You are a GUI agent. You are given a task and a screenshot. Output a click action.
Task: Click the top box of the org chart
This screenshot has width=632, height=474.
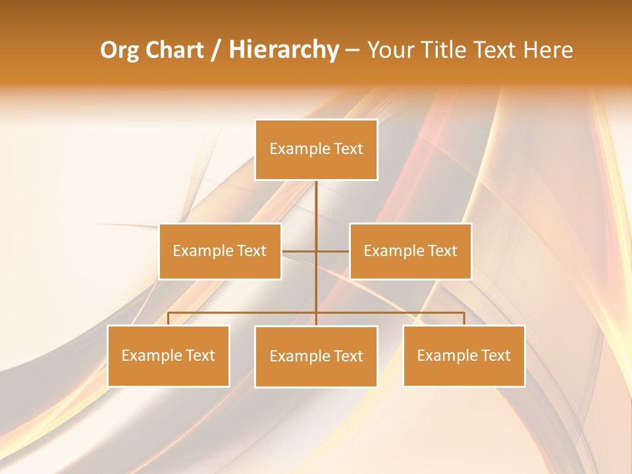point(316,149)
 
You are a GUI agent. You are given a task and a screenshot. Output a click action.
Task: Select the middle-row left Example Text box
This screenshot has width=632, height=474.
point(220,251)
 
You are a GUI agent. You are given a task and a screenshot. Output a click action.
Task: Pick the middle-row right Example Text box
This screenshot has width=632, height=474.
point(410,251)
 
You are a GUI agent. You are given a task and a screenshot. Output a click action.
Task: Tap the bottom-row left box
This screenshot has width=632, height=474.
point(168,355)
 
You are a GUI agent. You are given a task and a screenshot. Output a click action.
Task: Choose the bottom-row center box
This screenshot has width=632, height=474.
point(316,356)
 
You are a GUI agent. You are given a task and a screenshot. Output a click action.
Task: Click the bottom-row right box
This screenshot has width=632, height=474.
point(463,355)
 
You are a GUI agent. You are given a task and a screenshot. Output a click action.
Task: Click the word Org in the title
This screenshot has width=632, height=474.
point(119,50)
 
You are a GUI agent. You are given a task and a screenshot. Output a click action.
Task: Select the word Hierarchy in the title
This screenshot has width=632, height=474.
point(283,50)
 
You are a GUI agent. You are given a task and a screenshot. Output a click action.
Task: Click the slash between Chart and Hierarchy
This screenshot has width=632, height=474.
point(215,51)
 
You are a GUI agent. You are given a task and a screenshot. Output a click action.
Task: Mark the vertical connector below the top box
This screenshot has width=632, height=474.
point(316,211)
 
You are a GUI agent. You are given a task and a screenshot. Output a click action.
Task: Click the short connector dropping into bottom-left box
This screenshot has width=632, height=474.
point(168,319)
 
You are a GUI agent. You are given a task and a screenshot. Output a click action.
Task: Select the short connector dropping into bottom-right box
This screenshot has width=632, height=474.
point(463,319)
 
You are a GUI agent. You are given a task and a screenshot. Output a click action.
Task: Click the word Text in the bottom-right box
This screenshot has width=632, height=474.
point(495,355)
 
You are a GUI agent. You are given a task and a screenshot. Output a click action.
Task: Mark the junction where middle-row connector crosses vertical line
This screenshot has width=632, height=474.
point(316,251)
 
